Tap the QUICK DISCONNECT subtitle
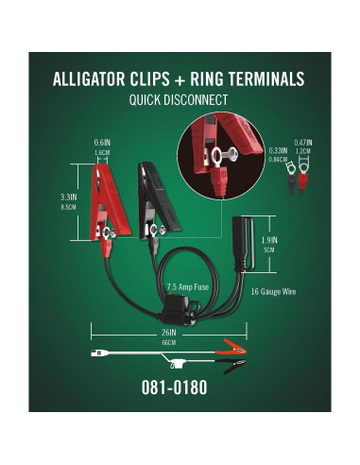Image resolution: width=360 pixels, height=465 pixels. tap(180, 99)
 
